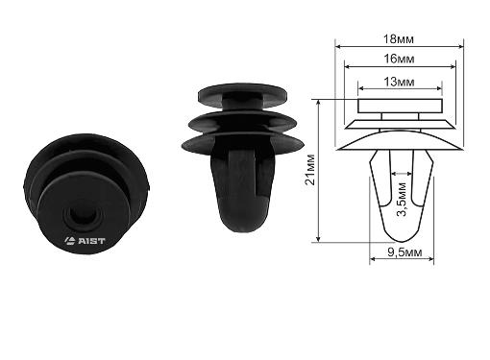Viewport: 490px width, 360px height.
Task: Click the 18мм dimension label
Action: pos(399,39)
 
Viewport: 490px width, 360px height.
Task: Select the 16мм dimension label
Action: pos(399,59)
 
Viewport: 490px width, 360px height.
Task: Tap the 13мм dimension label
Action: pos(399,82)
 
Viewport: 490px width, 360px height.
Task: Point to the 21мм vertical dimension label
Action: pos(310,170)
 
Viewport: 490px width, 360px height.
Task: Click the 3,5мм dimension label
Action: pos(402,200)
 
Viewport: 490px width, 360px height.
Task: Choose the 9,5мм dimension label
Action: pos(404,252)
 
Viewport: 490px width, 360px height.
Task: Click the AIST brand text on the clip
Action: pos(91,241)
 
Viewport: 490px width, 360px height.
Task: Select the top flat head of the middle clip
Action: pos(242,92)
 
